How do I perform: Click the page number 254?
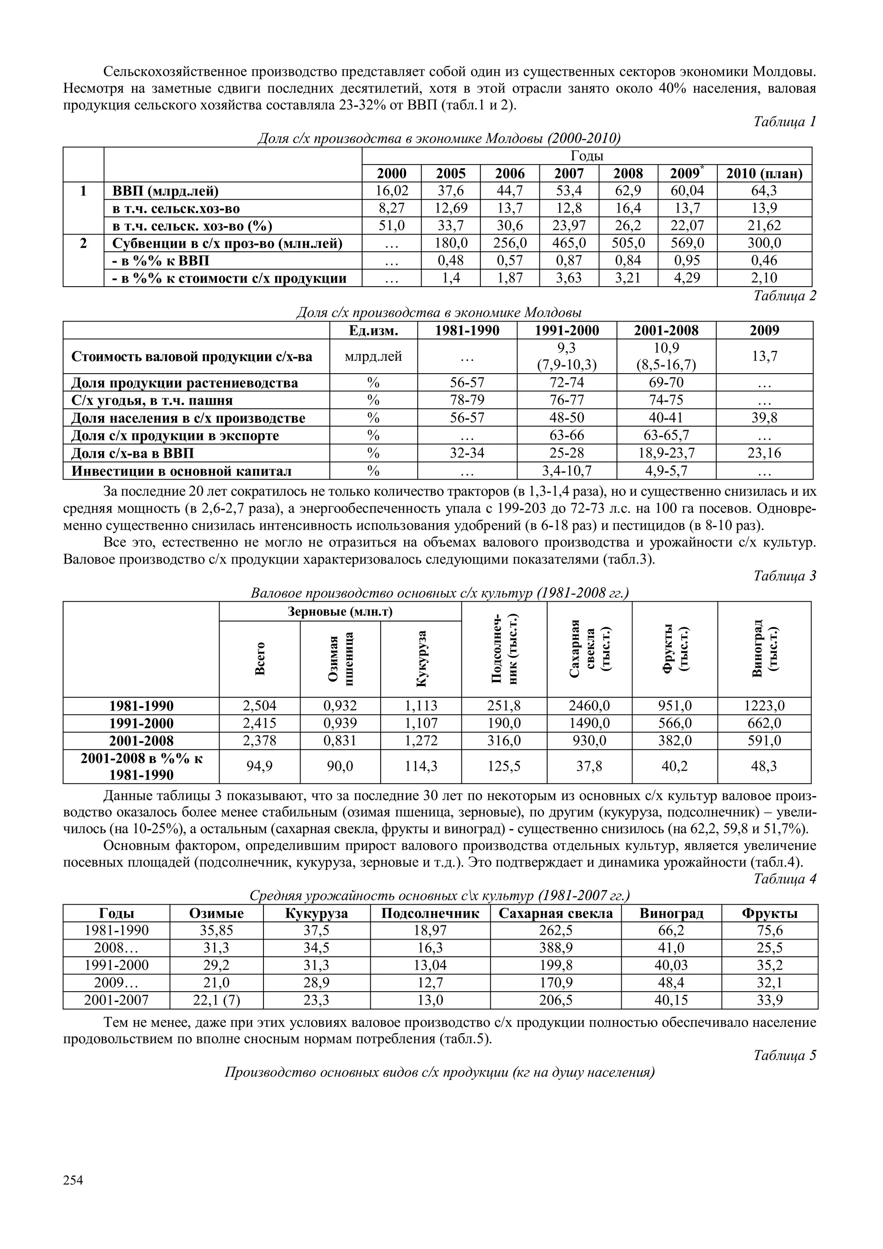(73, 1180)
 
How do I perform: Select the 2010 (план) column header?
(764, 174)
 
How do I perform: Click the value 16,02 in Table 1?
(392, 191)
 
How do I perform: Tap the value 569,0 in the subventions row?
(687, 243)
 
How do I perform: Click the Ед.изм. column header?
(373, 330)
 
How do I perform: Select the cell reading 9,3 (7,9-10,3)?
(567, 356)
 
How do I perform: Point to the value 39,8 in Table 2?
(764, 418)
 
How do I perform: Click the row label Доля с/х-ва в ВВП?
(133, 453)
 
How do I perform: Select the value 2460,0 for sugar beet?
(589, 706)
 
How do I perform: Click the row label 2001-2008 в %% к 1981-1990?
(141, 766)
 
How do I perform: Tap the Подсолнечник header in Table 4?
(430, 913)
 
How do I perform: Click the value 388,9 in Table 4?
(555, 948)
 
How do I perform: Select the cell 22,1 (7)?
(216, 1000)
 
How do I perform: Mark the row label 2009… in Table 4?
(116, 983)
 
